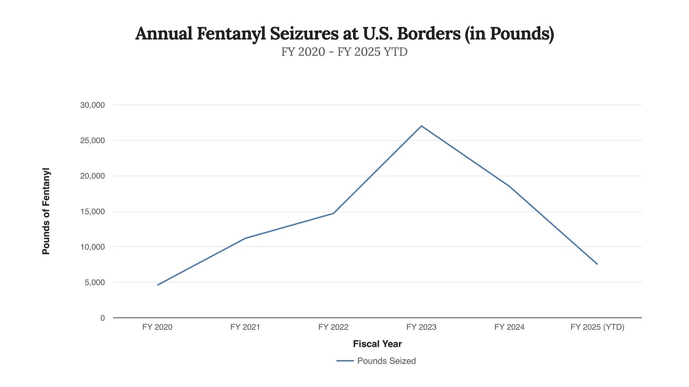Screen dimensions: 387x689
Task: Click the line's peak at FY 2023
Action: (421, 126)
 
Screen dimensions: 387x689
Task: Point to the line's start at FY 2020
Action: (158, 285)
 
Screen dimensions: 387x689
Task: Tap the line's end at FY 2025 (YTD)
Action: (597, 264)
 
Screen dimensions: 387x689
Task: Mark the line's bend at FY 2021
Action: (245, 238)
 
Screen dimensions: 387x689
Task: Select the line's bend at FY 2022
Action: (333, 214)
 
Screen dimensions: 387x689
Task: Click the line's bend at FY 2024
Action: (509, 186)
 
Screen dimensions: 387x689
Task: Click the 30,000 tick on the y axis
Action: (93, 105)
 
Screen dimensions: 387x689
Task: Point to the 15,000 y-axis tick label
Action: (93, 211)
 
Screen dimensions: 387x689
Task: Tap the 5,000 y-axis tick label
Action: (95, 283)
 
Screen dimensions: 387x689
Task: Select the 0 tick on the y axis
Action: (102, 318)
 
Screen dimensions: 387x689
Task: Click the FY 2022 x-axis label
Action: (333, 327)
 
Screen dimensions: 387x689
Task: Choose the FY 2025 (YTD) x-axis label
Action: (597, 327)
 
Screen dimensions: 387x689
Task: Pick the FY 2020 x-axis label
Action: (158, 327)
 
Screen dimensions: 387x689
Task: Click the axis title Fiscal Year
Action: (377, 344)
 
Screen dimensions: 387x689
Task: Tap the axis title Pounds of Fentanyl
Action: (46, 211)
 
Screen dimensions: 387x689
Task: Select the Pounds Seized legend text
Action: (386, 361)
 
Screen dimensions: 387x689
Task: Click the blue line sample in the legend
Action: (345, 361)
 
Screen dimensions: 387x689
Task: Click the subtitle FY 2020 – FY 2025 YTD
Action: (344, 52)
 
